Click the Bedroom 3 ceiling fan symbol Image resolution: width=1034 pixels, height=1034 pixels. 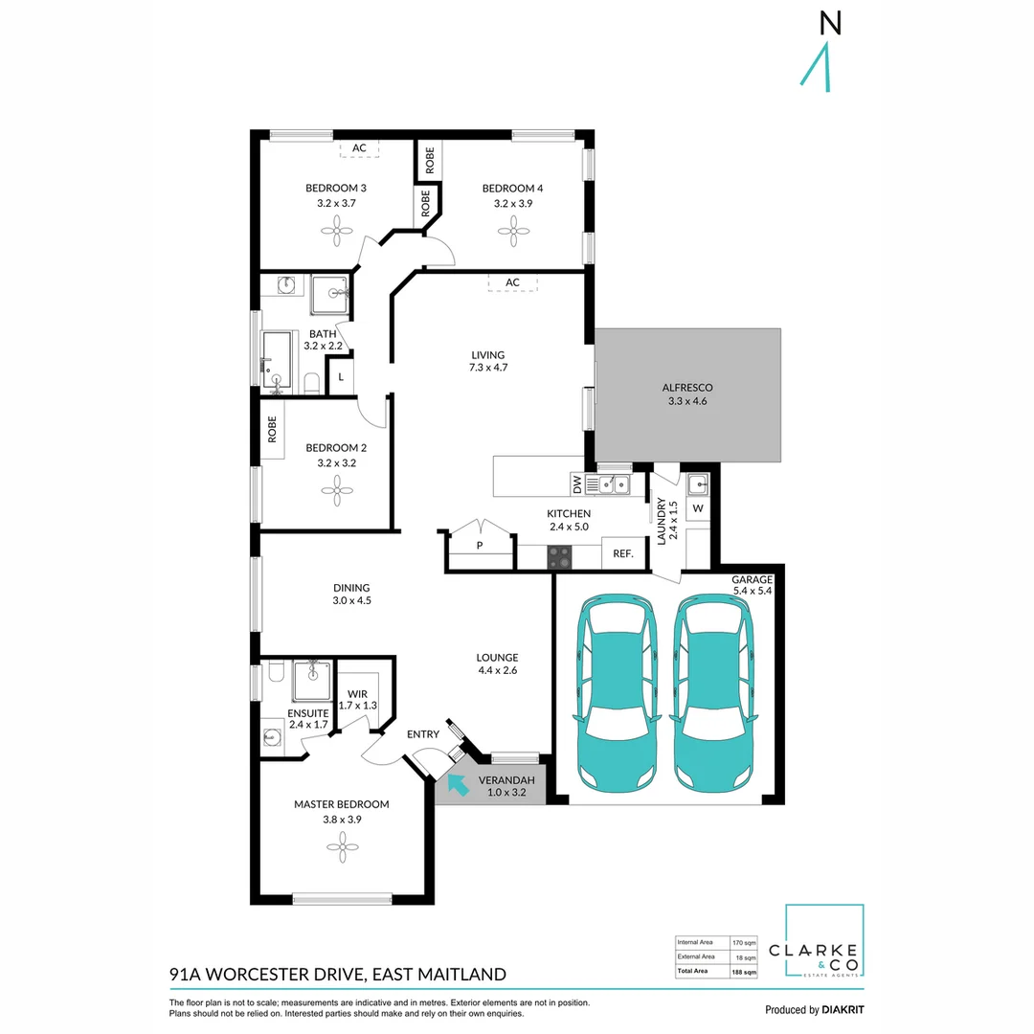337,232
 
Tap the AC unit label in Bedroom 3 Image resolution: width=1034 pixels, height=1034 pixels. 359,148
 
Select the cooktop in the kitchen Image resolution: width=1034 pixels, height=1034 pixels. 560,557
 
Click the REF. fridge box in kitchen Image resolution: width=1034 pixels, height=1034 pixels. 624,554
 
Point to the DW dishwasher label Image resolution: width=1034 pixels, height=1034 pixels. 577,484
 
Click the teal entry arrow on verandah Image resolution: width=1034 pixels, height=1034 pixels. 458,784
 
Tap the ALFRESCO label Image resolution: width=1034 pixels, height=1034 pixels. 687,388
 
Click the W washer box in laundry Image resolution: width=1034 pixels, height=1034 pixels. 698,508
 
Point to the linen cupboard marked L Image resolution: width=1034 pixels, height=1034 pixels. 341,377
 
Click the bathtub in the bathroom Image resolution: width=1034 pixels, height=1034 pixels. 277,361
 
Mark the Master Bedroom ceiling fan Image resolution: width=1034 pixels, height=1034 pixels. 342,847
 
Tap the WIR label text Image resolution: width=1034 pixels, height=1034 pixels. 357,694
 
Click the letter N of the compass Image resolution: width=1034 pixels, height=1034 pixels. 830,24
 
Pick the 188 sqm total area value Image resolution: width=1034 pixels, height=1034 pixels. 744,972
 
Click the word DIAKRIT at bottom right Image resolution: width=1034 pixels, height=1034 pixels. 843,1010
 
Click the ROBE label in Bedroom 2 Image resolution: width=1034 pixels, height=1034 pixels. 272,429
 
